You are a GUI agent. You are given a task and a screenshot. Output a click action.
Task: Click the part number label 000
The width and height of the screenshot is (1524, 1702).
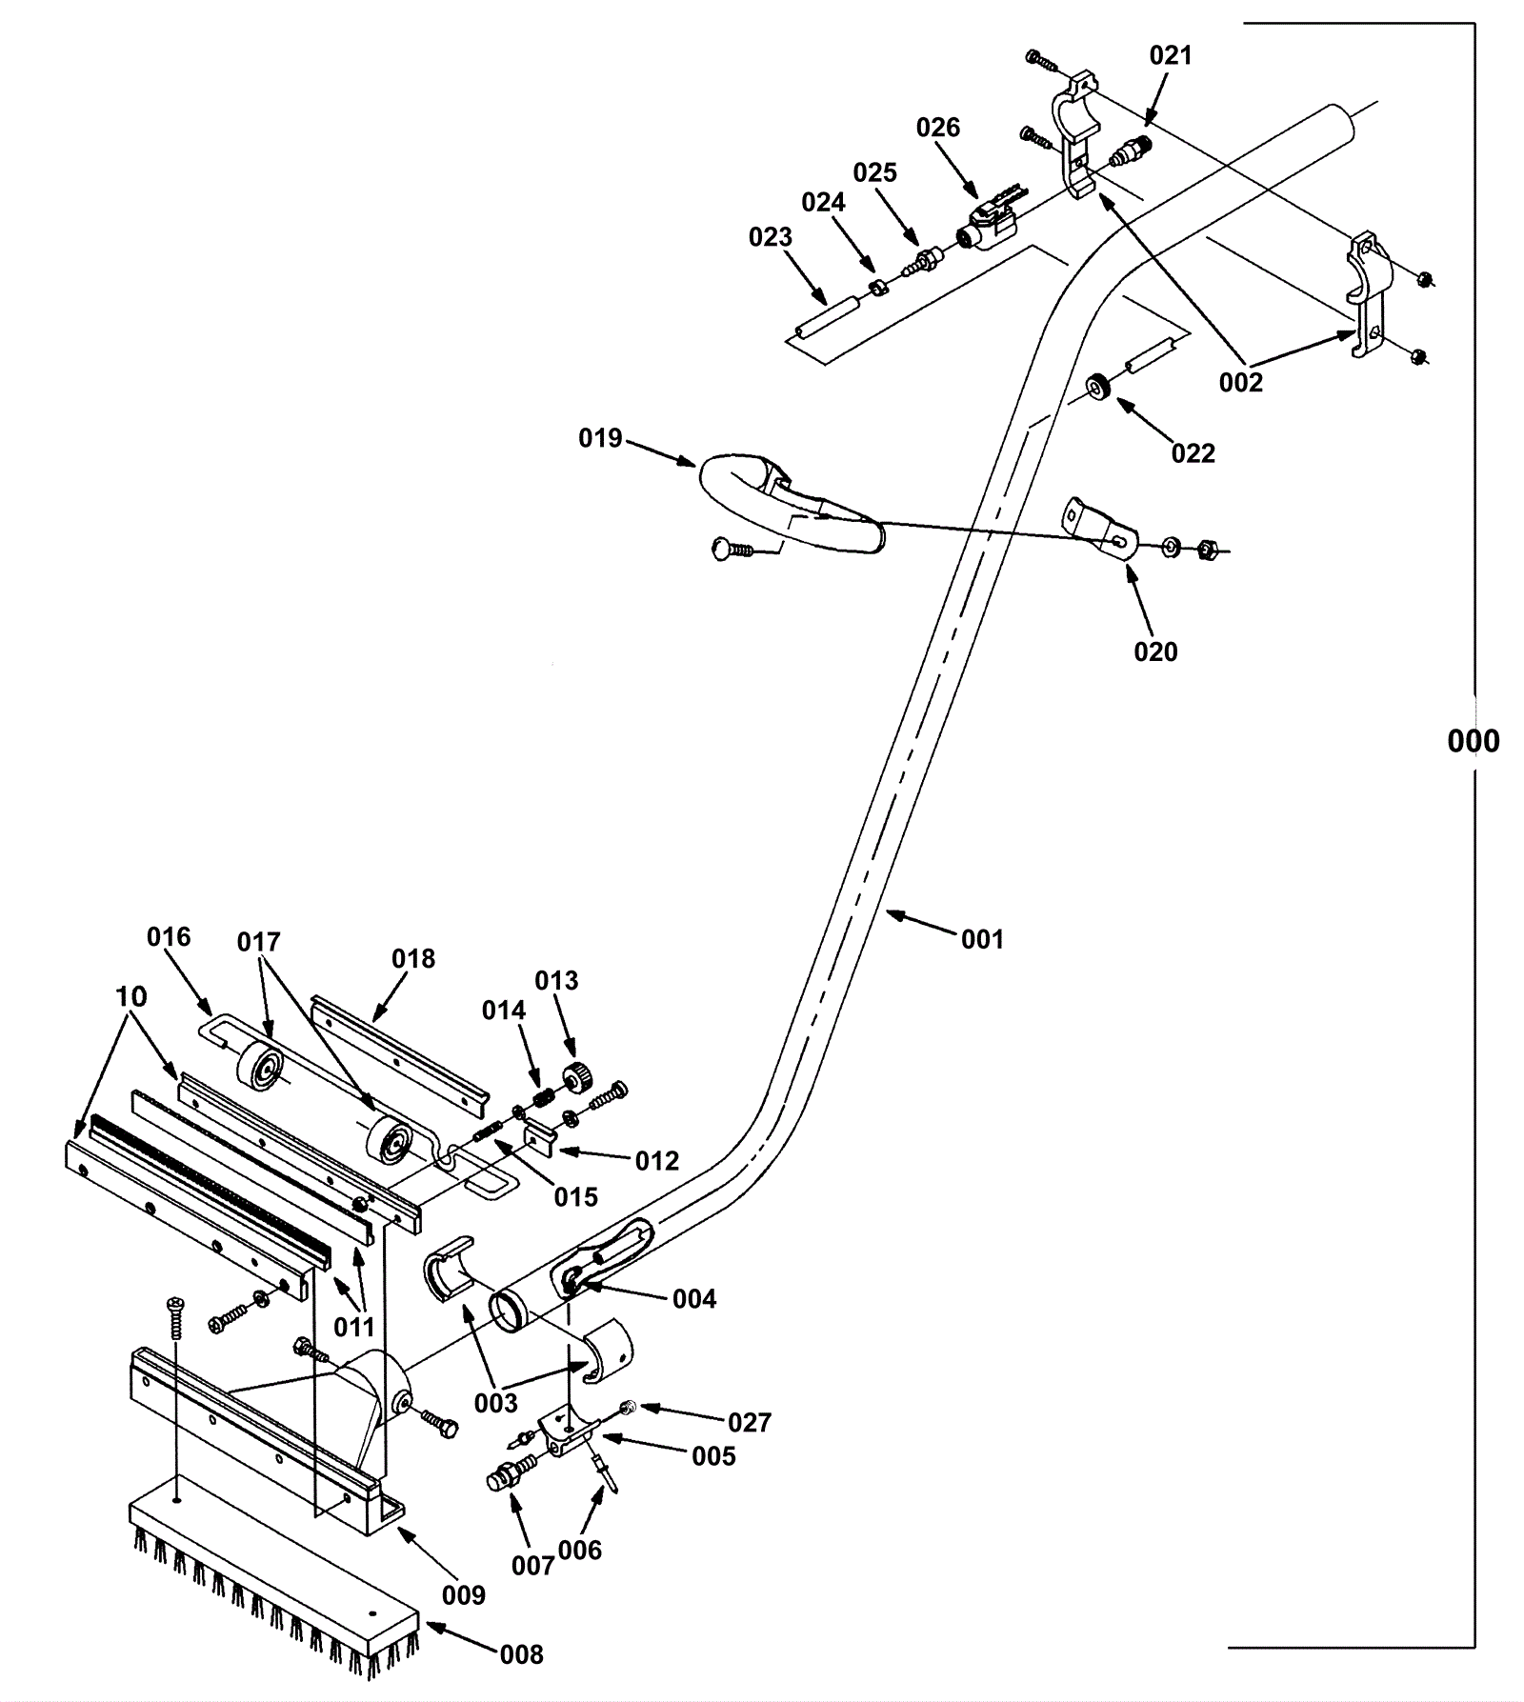point(1473,741)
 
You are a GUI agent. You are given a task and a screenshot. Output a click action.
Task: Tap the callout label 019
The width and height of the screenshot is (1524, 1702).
point(600,438)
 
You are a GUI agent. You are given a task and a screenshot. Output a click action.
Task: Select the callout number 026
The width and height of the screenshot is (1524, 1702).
point(938,128)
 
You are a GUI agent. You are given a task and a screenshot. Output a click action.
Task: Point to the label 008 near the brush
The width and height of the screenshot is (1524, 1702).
point(522,1654)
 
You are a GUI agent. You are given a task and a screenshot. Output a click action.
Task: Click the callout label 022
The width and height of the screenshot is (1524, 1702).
point(1193,453)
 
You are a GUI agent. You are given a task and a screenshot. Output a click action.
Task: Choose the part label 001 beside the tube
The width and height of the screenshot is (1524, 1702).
point(982,939)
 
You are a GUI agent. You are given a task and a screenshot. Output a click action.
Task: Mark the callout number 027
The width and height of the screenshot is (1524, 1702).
point(750,1422)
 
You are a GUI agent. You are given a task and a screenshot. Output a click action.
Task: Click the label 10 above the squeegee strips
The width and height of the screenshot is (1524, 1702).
point(131,996)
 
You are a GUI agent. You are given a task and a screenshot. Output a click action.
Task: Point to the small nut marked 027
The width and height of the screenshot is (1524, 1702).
point(628,1407)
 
